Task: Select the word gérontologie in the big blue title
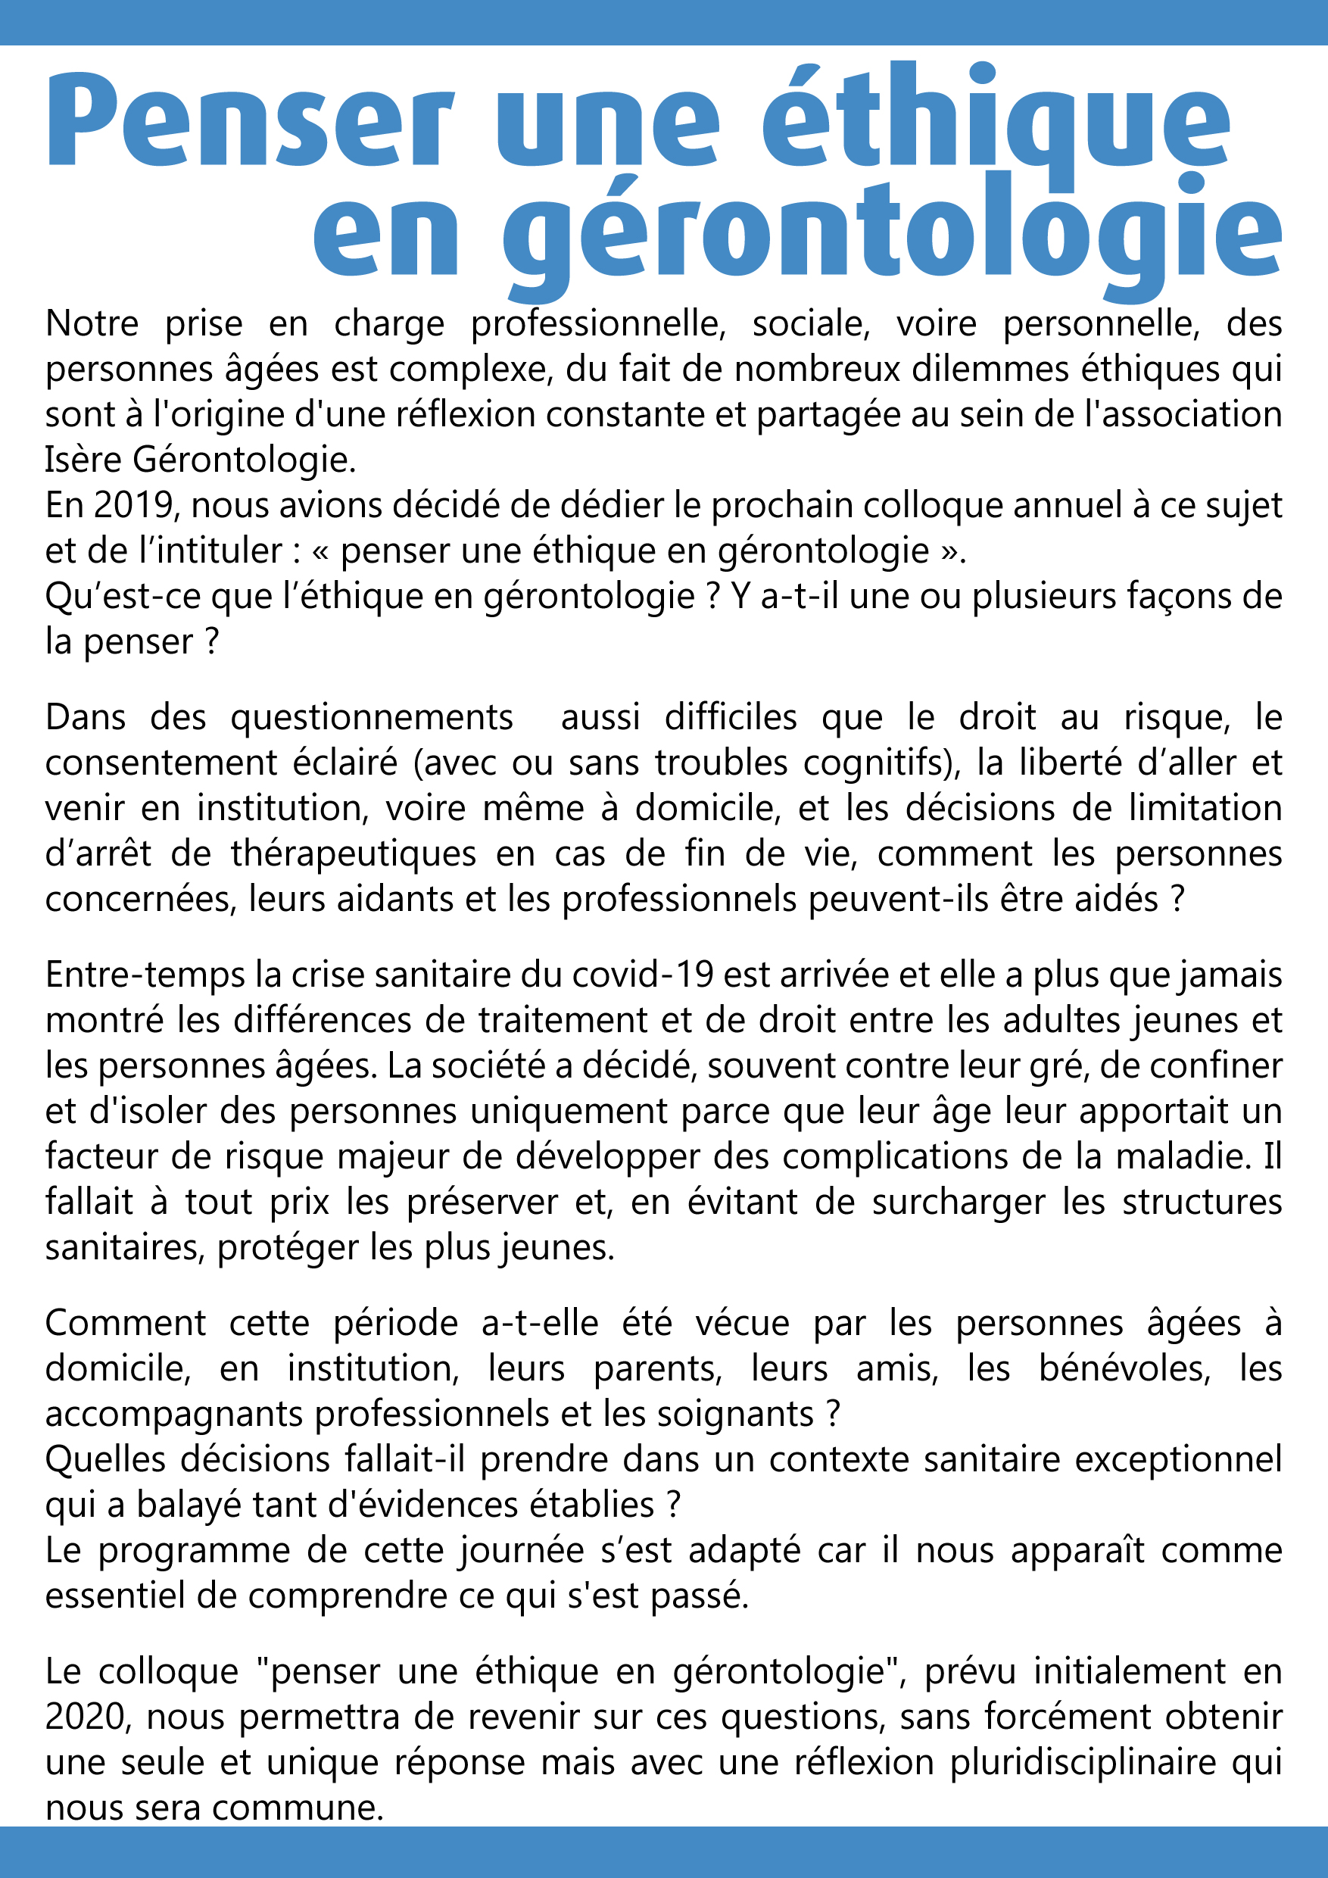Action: coord(891,233)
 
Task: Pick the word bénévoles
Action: coord(1124,1367)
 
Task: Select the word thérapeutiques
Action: coord(354,853)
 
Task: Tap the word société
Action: coord(479,1065)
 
